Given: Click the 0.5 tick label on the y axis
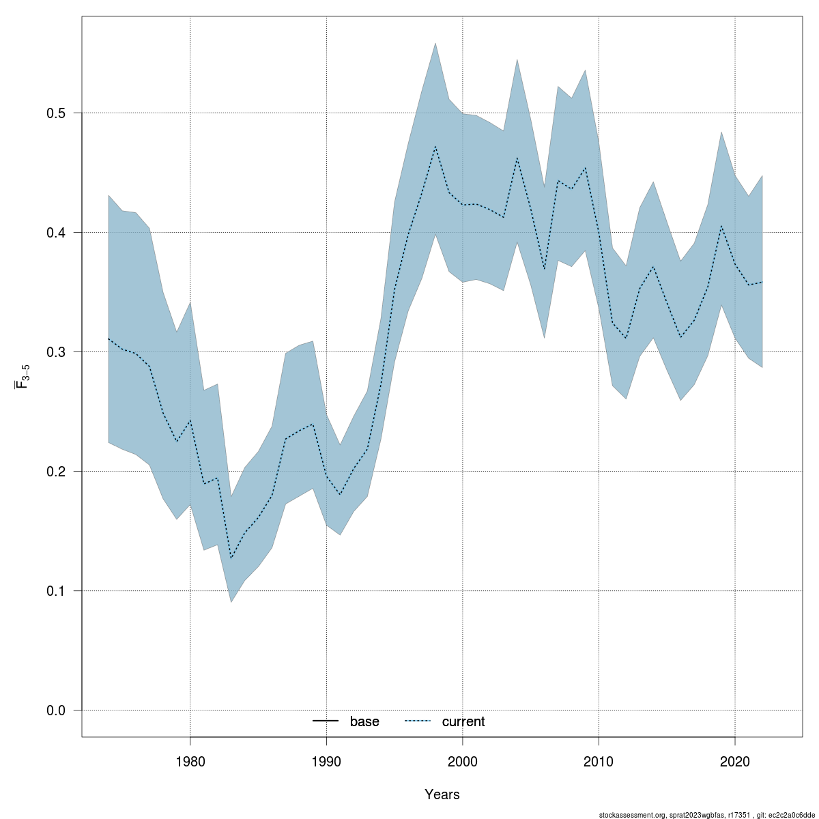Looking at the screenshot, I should coord(60,113).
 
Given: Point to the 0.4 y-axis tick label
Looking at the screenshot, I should coord(60,232).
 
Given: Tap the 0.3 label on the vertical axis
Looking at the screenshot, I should coord(60,351).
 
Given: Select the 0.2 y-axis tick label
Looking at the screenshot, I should coord(60,471).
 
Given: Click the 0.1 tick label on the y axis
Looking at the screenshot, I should coord(60,590).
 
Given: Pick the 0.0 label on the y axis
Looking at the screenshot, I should coord(60,710).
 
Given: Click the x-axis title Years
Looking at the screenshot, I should coord(442,794).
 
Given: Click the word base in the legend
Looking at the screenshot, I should coord(364,721).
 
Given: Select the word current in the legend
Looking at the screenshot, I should coord(463,721).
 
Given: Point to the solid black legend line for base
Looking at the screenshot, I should coord(326,721).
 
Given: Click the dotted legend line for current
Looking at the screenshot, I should coord(418,721).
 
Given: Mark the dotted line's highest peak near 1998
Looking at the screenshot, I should coord(435,146).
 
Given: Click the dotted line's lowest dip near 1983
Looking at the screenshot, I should coord(231,558).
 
